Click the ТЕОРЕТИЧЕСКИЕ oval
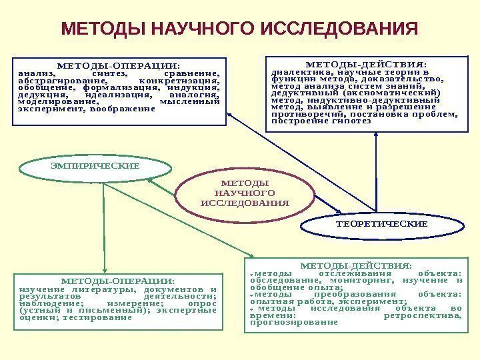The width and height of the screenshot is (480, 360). pyautogui.click(x=381, y=225)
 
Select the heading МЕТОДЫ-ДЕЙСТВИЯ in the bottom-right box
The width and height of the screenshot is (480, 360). pyautogui.click(x=361, y=263)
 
